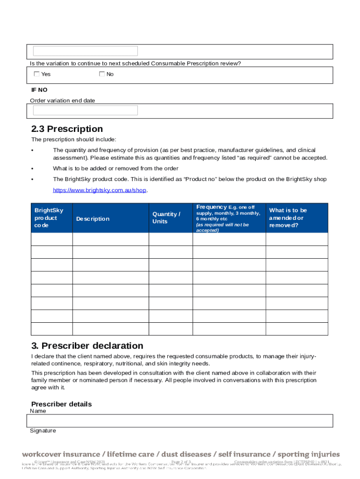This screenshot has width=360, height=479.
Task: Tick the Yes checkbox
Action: [37, 74]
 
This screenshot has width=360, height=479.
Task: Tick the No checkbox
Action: [102, 74]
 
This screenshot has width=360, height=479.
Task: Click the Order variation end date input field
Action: [85, 110]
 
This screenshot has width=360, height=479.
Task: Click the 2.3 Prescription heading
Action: [67, 129]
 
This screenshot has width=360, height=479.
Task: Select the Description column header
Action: [93, 219]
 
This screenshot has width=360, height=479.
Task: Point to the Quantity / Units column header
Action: [166, 218]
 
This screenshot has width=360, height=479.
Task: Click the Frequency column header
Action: [229, 218]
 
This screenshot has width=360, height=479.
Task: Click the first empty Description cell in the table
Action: [110, 239]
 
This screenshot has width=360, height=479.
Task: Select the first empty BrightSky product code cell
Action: [51, 239]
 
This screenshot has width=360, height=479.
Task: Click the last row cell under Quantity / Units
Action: [171, 329]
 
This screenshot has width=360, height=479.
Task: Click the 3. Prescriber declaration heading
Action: [87, 346]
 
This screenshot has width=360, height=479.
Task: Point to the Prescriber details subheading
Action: [61, 404]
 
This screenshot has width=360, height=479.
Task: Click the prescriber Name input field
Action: [181, 421]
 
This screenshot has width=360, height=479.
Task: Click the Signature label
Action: [43, 431]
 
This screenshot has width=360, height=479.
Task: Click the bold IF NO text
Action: [39, 90]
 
